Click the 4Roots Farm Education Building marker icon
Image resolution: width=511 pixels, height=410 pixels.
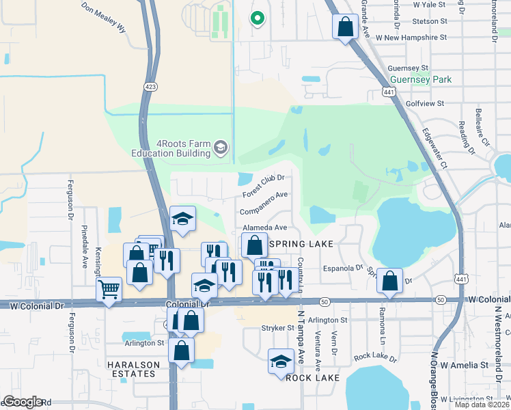tap(221, 148)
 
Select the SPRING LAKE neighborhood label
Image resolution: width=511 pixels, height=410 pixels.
tap(301, 244)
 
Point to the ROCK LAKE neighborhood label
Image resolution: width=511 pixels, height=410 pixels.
tap(308, 378)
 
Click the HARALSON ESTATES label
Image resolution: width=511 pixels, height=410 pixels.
tap(133, 370)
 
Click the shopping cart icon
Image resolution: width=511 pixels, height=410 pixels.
tap(109, 290)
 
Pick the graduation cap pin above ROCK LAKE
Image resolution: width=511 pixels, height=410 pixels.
tap(280, 361)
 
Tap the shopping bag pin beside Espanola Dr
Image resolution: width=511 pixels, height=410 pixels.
tap(389, 280)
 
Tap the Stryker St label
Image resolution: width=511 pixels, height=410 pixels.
tap(277, 329)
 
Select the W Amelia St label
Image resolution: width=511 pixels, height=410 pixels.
tap(465, 365)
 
